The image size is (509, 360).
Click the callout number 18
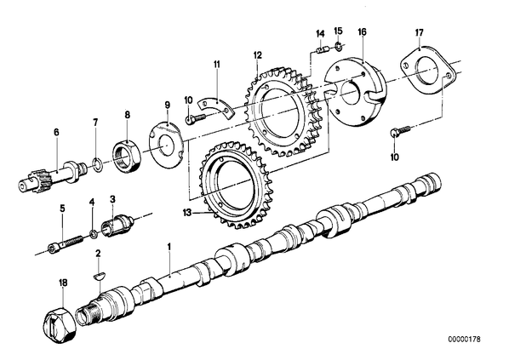[x=63, y=283]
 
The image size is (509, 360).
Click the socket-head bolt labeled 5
[x=66, y=243]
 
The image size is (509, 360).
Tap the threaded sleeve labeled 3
[x=117, y=224]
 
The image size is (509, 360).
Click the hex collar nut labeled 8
[x=127, y=155]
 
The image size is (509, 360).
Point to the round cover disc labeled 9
[x=166, y=144]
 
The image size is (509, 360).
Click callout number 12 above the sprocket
[x=257, y=54]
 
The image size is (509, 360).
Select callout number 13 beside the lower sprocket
[x=187, y=213]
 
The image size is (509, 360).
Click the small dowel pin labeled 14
[x=323, y=50]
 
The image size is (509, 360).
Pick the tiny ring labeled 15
[x=338, y=48]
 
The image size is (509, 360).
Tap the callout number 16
[x=362, y=31]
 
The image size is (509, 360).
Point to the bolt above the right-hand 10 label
[x=400, y=131]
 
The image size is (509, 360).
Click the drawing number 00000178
[x=464, y=340]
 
